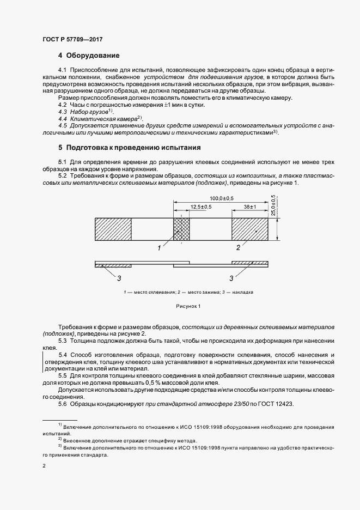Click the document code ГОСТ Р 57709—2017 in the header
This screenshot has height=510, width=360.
tap(72, 40)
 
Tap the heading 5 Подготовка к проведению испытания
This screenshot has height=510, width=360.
tap(130, 147)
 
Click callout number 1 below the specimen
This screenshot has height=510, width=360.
tap(160, 248)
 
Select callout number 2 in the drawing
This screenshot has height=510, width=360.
tap(238, 248)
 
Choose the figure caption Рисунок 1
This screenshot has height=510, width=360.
tap(188, 306)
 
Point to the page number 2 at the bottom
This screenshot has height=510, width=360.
tap(44, 466)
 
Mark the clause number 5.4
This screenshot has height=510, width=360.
tap(63, 355)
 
